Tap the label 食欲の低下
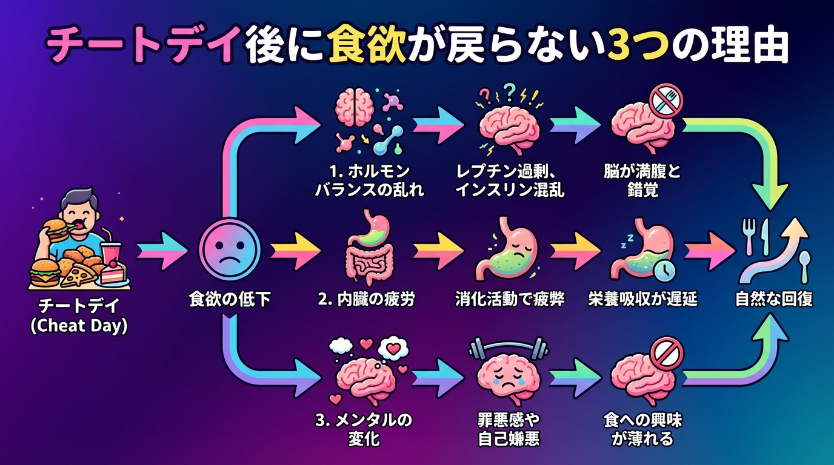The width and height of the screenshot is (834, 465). click(230, 300)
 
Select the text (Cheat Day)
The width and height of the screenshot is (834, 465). click(79, 326)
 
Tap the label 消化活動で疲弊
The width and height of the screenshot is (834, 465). click(510, 299)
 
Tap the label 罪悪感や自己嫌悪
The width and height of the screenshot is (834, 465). click(509, 429)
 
